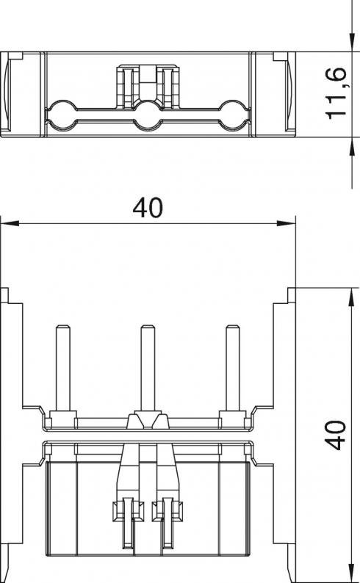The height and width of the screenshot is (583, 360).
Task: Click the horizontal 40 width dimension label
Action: click(148, 209)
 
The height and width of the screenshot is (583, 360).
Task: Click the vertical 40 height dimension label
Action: click(336, 435)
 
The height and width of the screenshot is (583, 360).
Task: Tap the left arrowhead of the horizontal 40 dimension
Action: click(10, 223)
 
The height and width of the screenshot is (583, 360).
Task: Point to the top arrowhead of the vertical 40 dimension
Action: click(351, 297)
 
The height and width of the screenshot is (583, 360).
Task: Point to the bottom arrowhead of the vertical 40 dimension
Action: click(351, 573)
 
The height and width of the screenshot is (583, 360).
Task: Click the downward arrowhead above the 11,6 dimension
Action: click(351, 43)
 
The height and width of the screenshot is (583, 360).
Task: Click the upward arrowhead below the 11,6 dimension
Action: click(351, 147)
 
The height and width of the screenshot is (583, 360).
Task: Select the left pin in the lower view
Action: click(63, 368)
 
